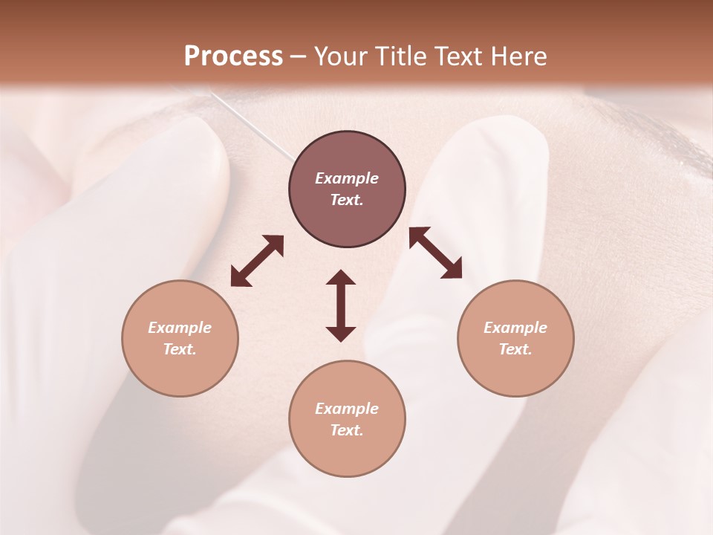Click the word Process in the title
(233, 56)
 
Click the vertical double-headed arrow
(341, 305)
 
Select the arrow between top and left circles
(257, 261)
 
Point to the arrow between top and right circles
(435, 253)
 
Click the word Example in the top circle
(347, 178)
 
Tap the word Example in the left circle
(180, 328)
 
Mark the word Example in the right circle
(515, 328)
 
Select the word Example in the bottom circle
(347, 409)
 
